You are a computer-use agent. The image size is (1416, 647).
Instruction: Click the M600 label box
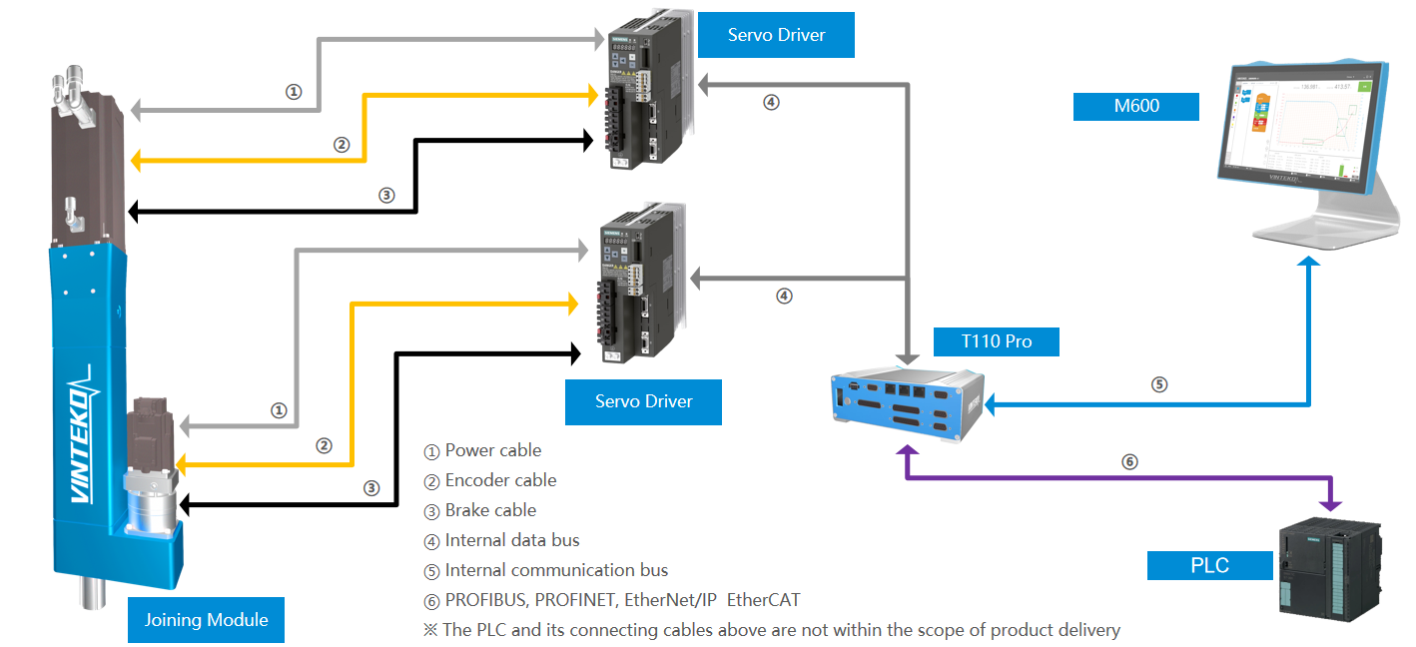click(x=1135, y=106)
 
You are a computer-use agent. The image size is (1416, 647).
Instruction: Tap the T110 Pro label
click(x=996, y=341)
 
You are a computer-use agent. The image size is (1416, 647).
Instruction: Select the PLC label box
click(x=1209, y=565)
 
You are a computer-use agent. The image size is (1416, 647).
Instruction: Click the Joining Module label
click(x=206, y=620)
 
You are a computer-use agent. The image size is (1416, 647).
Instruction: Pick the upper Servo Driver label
click(x=776, y=35)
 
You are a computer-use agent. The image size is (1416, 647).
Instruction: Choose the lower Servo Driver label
click(x=643, y=401)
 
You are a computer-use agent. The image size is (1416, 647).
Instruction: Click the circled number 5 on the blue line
click(x=1158, y=383)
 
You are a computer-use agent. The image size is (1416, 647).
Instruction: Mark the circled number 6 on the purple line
click(x=1129, y=461)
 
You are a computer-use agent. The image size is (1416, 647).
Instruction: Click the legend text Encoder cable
click(x=500, y=480)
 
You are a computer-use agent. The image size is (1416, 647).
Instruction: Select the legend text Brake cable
click(x=490, y=510)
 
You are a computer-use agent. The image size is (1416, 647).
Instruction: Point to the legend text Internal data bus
click(x=512, y=540)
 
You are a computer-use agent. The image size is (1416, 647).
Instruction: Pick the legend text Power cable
click(x=493, y=450)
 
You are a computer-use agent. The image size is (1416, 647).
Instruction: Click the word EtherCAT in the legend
click(x=763, y=600)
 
